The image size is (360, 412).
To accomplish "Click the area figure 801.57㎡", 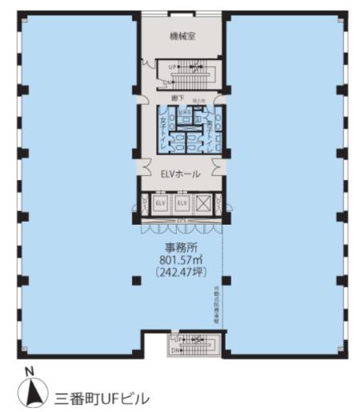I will [182, 261].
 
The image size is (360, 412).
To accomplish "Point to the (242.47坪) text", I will [182, 273].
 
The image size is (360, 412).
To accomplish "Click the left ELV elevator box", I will [160, 204].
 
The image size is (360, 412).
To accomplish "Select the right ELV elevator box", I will [182, 204].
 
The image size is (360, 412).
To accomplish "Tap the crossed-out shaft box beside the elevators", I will [203, 204].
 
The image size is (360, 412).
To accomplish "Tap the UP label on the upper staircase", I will [171, 66].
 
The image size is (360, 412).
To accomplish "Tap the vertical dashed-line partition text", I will [215, 304].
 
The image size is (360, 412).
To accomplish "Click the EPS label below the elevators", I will [182, 219].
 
